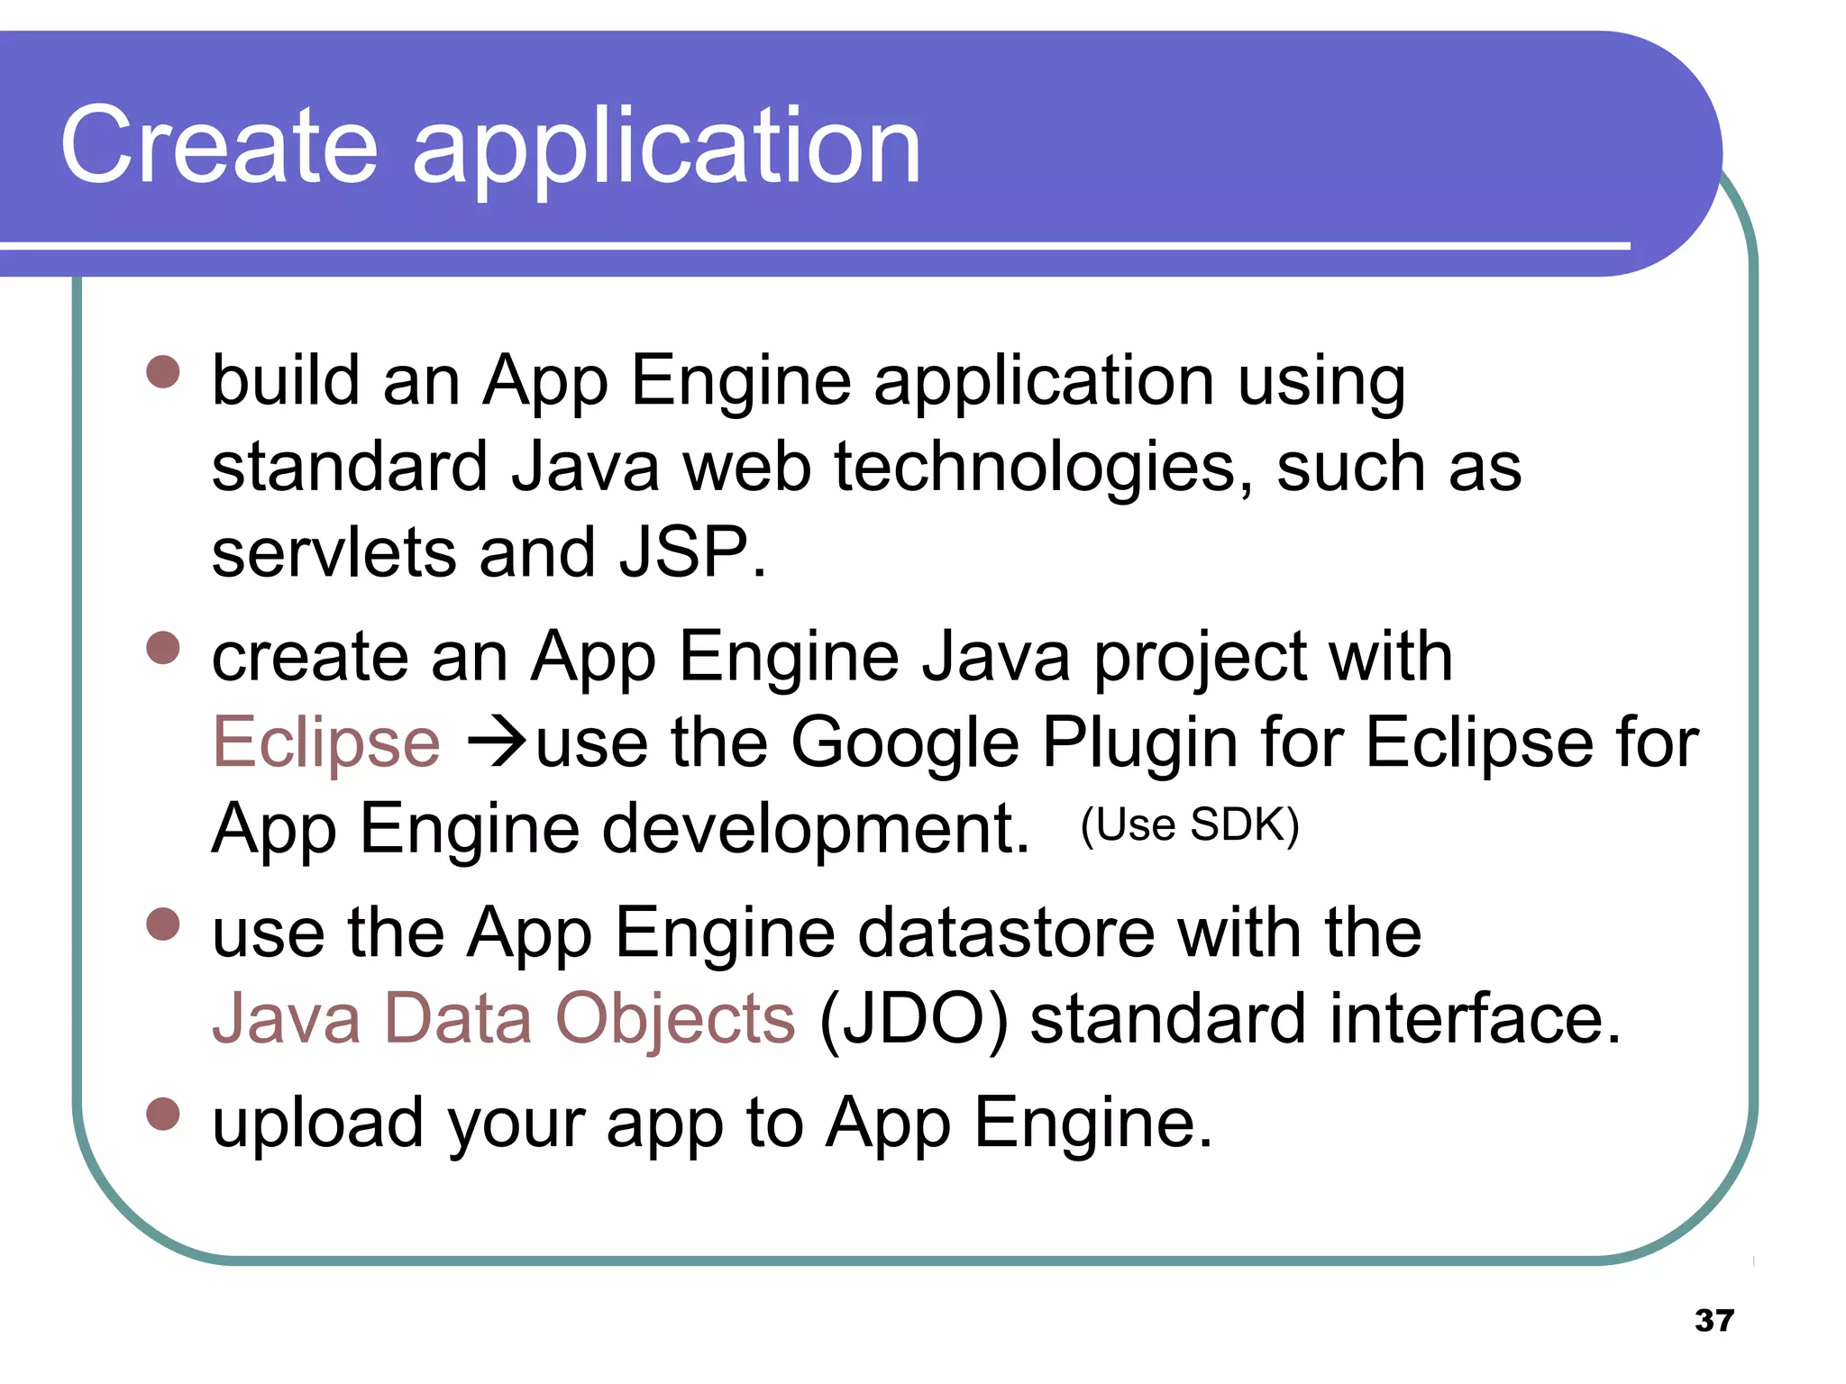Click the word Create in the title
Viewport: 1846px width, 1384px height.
click(219, 146)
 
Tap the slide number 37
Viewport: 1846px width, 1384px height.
click(1713, 1320)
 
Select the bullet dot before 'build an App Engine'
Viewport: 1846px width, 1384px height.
click(163, 371)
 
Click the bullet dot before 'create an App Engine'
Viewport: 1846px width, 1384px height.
click(163, 648)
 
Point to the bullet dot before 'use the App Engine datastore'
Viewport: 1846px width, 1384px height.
click(163, 924)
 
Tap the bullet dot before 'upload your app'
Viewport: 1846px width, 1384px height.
click(163, 1114)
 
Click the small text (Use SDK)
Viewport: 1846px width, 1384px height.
click(1190, 824)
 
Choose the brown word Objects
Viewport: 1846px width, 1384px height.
click(675, 1018)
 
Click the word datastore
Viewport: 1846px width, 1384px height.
click(1006, 933)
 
